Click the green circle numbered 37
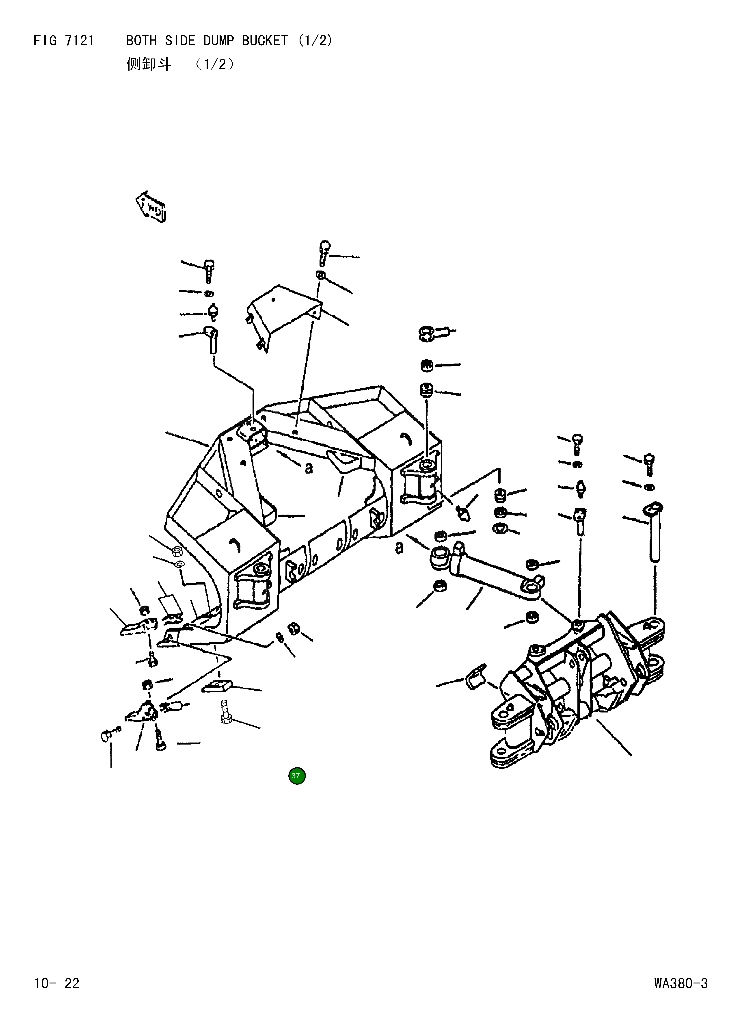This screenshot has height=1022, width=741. (296, 775)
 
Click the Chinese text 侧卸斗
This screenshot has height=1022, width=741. (149, 65)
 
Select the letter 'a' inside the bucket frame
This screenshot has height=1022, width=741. (309, 469)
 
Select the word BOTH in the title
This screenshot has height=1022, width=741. (141, 41)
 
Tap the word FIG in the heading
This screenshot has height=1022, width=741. (45, 41)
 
